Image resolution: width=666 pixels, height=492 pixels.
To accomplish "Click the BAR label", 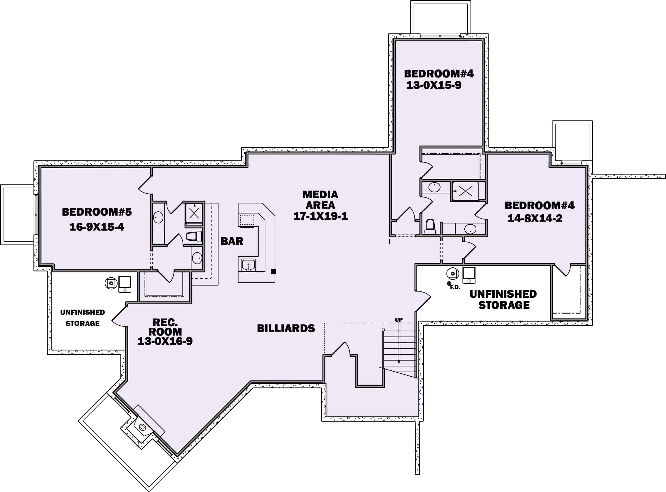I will pos(232,241).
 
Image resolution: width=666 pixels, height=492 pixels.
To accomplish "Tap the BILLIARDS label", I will pos(286,328).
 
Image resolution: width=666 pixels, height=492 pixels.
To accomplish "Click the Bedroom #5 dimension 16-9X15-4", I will pos(97,227).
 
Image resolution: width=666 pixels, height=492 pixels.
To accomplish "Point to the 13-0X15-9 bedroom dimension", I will pos(434,86).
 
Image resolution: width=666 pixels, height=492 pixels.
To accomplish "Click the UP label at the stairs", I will pos(399,320).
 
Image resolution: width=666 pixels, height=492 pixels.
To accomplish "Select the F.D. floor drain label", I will pos(455,287).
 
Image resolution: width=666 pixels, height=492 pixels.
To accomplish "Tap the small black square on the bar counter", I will pos(273,271).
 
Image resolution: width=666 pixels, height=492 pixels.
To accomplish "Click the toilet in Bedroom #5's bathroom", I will pos(194,236).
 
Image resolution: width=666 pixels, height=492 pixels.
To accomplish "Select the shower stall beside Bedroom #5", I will pos(194,213).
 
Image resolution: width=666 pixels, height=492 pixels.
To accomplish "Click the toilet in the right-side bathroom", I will pos(430,227).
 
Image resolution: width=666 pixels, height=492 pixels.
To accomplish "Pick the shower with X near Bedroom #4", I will pos(465,191).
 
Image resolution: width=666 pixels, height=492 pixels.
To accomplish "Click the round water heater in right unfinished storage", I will pos(452,273).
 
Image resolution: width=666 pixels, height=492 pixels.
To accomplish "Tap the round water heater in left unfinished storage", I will pos(111,283).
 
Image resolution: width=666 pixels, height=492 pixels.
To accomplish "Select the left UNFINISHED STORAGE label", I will pos(82,318).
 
